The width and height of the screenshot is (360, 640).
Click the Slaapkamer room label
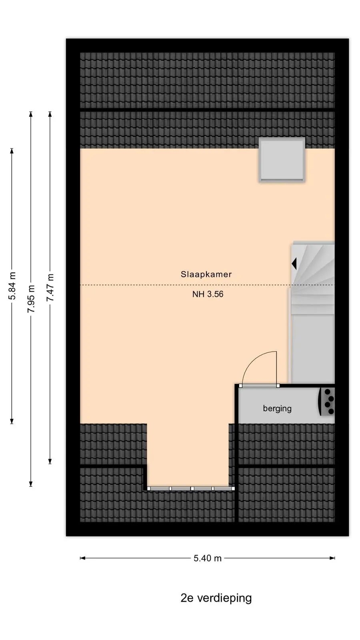[x=206, y=274]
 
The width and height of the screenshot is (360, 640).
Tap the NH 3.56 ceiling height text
[x=208, y=294]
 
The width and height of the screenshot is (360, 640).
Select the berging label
[x=277, y=408]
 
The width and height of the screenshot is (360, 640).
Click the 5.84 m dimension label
[x=12, y=286]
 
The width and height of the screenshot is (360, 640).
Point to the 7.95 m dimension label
[x=31, y=298]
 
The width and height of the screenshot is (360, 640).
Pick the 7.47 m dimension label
[x=50, y=288]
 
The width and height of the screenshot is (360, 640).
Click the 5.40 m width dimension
[x=208, y=558]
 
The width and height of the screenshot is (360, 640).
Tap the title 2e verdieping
[x=216, y=598]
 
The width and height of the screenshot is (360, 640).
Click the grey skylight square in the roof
[x=282, y=160]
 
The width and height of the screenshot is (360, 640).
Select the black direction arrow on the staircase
[x=294, y=264]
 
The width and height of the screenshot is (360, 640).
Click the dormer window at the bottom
[x=191, y=488]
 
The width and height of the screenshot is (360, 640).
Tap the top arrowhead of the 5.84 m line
[x=12, y=151]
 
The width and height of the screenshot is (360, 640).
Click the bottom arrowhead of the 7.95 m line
[x=31, y=484]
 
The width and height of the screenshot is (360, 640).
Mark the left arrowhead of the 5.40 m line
[x=83, y=558]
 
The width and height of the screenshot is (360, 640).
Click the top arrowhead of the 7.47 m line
[x=50, y=114]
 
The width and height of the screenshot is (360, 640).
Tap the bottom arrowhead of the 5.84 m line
[x=12, y=421]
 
